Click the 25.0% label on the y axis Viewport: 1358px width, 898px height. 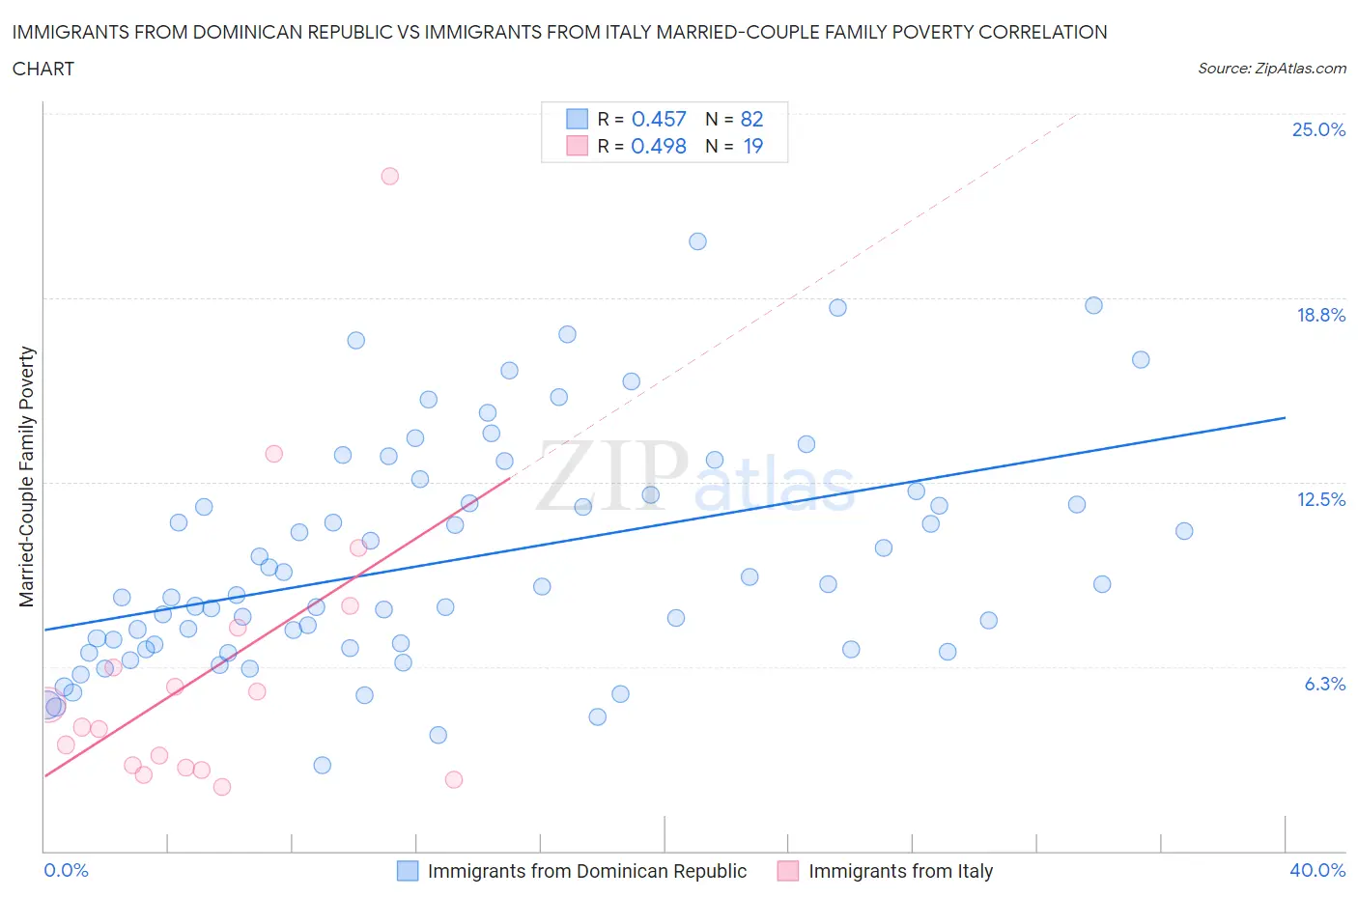point(1318,129)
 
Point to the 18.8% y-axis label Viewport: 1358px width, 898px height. point(1320,315)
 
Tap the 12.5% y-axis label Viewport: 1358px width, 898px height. point(1320,499)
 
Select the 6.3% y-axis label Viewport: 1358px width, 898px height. point(1324,684)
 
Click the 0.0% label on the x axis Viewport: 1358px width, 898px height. point(66,870)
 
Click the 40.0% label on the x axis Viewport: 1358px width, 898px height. point(1317,870)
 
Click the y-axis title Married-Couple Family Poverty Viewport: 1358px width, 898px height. point(27,477)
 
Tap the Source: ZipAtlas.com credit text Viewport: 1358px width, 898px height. point(1271,69)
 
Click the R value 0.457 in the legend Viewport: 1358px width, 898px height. point(659,119)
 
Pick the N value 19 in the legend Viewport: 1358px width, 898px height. point(752,146)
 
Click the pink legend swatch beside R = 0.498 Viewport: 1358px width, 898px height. point(577,146)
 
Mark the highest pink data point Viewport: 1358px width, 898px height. point(389,176)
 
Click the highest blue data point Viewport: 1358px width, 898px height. point(697,241)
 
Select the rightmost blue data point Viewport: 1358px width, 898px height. point(1184,531)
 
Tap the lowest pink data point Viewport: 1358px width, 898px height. point(222,787)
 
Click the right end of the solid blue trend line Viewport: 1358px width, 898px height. point(1285,417)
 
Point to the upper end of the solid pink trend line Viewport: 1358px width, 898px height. point(509,477)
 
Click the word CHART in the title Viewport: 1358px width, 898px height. point(43,69)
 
